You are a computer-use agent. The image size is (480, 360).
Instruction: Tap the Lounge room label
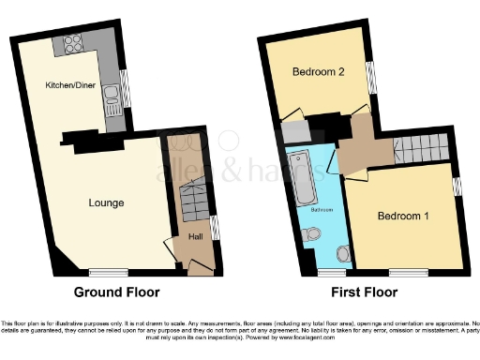(x=106, y=202)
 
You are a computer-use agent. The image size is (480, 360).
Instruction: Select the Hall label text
(x=196, y=236)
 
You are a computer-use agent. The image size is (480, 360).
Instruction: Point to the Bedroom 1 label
(x=403, y=216)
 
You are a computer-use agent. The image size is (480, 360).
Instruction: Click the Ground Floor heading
(x=117, y=292)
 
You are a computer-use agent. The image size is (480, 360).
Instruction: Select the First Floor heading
(x=365, y=292)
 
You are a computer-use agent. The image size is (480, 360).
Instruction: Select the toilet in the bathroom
(x=342, y=250)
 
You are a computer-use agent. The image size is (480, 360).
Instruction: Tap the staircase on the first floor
(x=418, y=147)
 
